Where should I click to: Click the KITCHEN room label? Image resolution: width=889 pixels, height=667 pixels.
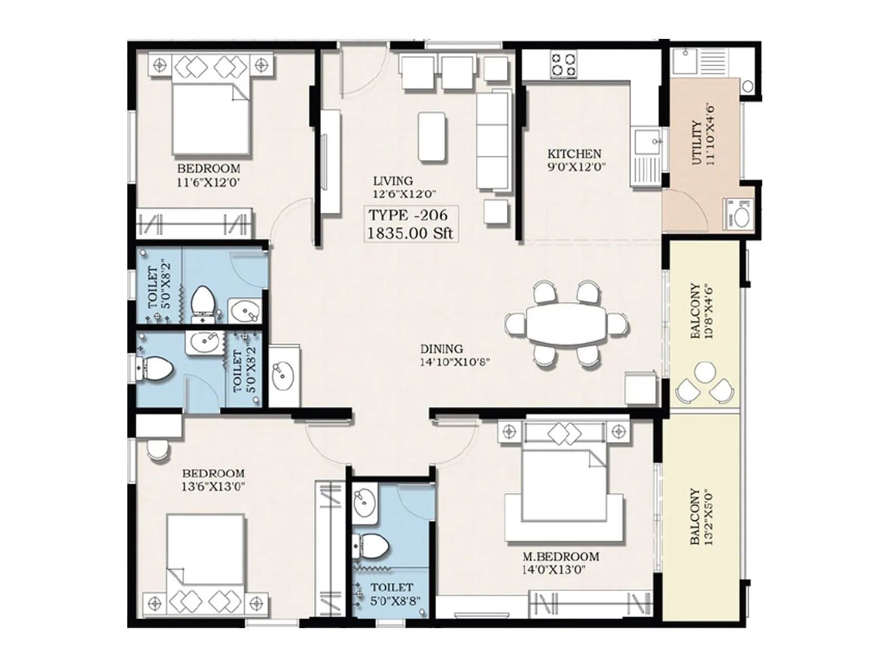(574, 153)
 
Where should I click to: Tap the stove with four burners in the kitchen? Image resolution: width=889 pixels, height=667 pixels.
(563, 64)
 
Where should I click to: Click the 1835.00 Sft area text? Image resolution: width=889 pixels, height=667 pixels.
(410, 232)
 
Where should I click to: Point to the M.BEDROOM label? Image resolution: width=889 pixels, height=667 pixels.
(561, 556)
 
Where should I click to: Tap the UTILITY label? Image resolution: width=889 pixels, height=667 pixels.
(697, 143)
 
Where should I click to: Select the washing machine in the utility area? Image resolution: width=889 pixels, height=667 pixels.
(737, 213)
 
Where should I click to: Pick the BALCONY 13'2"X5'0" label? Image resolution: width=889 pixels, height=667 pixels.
(701, 517)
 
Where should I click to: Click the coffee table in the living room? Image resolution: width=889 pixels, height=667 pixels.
(432, 137)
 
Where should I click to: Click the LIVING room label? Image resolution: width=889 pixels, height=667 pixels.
(393, 181)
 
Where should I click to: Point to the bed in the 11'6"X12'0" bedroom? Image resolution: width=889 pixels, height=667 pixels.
(210, 118)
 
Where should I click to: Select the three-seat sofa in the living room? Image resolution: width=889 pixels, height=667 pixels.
(493, 142)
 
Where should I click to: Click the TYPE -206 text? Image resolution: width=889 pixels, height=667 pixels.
(408, 215)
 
